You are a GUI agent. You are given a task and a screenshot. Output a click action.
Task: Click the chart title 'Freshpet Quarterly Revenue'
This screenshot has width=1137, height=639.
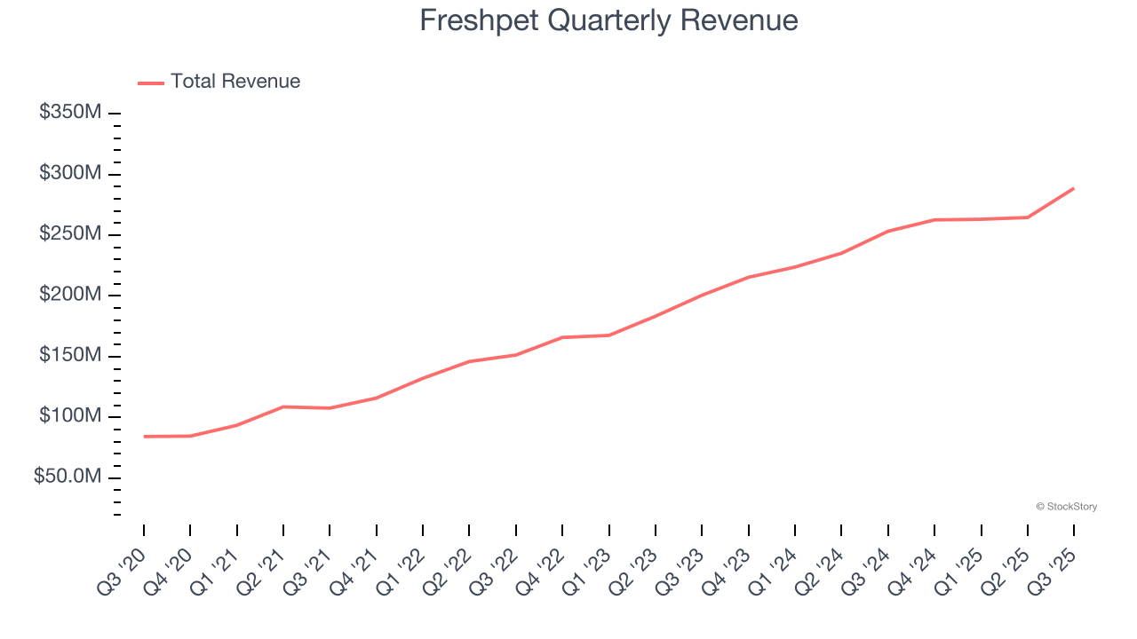coord(608,20)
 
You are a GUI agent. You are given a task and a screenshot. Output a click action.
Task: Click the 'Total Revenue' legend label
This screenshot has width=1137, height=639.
coord(235,82)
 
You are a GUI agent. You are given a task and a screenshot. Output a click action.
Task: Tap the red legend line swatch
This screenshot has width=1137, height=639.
coord(151,83)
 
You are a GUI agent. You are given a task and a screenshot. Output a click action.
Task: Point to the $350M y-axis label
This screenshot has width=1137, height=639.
coord(70,113)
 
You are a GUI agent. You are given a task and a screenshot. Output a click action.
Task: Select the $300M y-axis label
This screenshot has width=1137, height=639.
coord(70,173)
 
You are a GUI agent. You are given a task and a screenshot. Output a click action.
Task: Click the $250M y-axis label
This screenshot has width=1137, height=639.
coord(70,234)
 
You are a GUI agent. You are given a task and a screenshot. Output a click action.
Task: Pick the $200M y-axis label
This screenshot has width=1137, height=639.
coord(70,295)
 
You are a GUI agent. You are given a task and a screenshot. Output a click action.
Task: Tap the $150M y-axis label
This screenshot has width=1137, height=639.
coord(70,356)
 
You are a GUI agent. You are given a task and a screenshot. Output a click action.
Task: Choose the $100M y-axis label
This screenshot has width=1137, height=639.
coord(70,416)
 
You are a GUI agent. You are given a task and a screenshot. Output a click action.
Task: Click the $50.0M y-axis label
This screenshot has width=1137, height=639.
coord(68,477)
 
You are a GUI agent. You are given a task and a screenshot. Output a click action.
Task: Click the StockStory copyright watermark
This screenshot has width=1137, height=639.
coord(1066,507)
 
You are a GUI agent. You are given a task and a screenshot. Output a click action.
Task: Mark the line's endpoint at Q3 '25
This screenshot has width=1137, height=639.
coord(1074,188)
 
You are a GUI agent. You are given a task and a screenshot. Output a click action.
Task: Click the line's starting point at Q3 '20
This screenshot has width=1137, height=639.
coord(144,437)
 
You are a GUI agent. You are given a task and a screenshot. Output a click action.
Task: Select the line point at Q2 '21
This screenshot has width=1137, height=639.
coord(283,406)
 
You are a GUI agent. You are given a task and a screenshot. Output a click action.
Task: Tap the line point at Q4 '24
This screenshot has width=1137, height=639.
coord(934,219)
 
